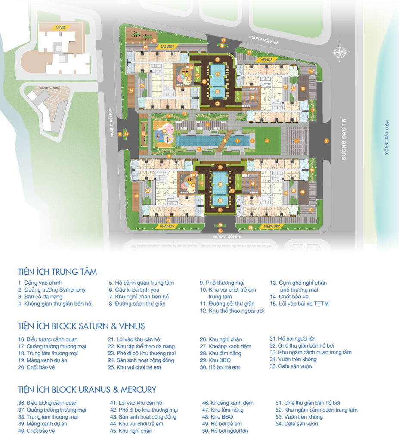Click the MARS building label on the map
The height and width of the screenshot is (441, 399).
[60, 28]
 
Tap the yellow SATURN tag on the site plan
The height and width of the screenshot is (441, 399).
[167, 46]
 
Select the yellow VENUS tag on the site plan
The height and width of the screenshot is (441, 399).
[267, 59]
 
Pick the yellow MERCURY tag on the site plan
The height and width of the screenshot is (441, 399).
[271, 226]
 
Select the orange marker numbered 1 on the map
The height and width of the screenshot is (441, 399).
[326, 140]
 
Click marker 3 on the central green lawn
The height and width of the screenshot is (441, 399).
[267, 140]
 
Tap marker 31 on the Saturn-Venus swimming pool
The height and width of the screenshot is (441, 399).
[218, 74]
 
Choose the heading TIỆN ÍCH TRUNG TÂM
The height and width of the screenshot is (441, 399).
[57, 272]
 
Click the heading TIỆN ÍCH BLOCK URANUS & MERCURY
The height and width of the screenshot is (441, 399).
[87, 390]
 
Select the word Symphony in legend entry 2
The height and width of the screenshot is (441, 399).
[72, 290]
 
